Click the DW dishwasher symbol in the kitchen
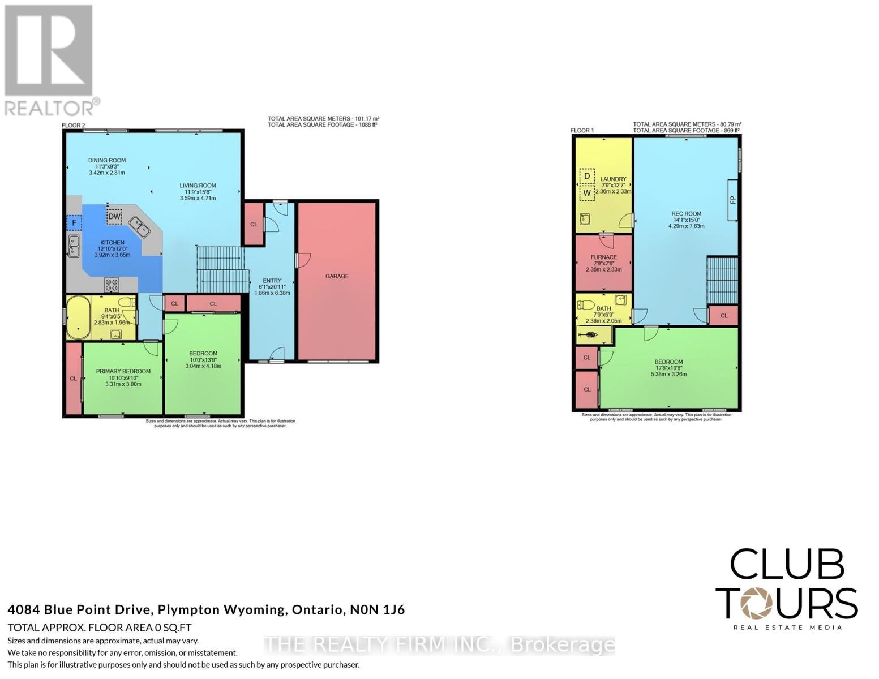click(x=114, y=216)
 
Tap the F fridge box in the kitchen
click(x=74, y=223)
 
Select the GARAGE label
click(x=337, y=276)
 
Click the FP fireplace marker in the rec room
click(x=732, y=200)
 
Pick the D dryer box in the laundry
click(x=587, y=176)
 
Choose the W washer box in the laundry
click(x=587, y=193)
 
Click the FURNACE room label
click(x=603, y=257)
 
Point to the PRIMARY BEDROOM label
click(x=123, y=372)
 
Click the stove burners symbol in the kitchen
click(x=112, y=284)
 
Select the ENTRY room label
click(x=272, y=281)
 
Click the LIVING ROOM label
click(x=198, y=186)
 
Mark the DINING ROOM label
click(x=107, y=161)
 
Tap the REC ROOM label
click(x=686, y=214)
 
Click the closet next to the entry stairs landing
click(x=254, y=224)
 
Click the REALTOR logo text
click(x=50, y=108)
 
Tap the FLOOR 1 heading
click(x=582, y=131)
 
